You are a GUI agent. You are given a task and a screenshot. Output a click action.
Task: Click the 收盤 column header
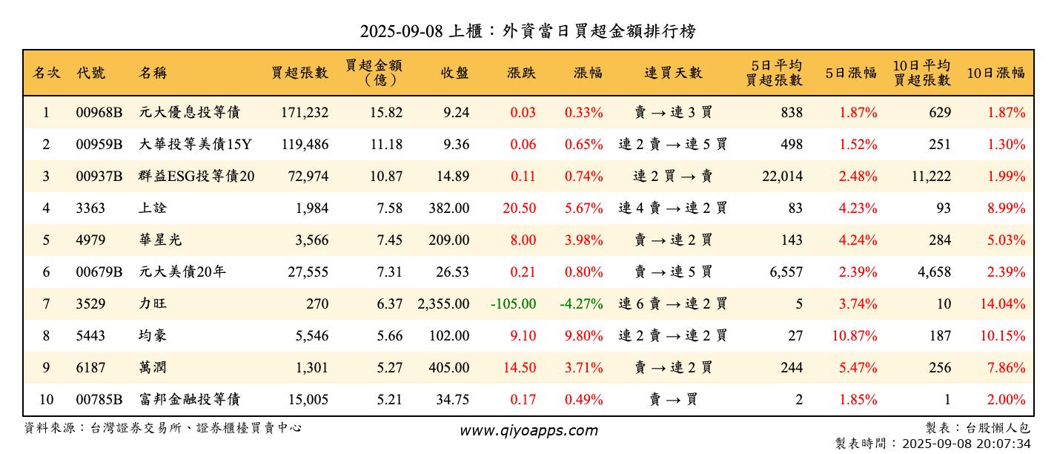coord(454,73)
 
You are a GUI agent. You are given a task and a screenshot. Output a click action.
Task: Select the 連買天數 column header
coord(672,73)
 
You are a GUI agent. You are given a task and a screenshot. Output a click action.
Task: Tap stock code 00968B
coord(99,113)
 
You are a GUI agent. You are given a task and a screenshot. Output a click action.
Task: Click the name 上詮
coord(153,208)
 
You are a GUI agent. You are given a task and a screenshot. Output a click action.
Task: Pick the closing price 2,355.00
coord(443,304)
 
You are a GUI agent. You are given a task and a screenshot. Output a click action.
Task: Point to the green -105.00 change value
coord(513,304)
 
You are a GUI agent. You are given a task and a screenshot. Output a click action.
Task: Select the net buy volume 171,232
coord(305,113)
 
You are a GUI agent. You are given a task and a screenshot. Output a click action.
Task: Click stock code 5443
coord(90,336)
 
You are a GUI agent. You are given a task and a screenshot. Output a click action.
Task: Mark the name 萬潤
coord(153,368)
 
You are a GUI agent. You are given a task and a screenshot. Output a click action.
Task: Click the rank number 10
coord(46,400)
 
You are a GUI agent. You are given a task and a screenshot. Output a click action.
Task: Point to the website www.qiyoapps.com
coord(528,430)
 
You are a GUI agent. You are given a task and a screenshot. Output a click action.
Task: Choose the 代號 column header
coord(90,73)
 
